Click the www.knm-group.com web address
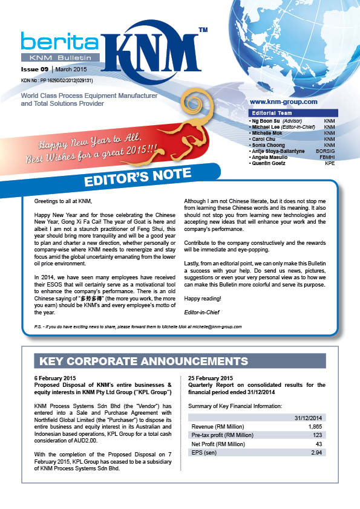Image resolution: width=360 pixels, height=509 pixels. (x=284, y=102)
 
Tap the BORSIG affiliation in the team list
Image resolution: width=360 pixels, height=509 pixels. (x=326, y=151)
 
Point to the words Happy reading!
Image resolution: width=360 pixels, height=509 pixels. (x=203, y=299)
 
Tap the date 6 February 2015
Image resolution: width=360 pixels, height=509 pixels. (x=47, y=378)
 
